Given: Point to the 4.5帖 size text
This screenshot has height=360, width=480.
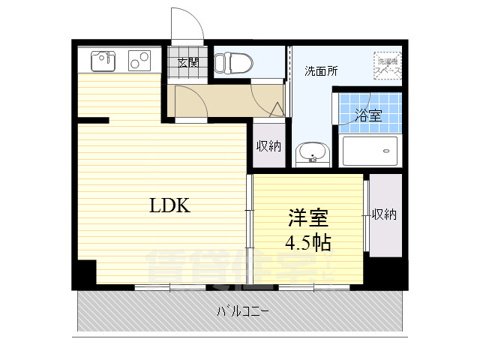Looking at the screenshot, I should coord(307,242).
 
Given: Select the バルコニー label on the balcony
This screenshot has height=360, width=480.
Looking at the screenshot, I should coord(244,310).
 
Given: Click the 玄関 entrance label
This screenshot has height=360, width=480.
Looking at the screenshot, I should coord(187,63).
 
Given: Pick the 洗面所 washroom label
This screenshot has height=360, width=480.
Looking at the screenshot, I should coord(320,72).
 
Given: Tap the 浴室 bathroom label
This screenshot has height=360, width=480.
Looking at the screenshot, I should coord(368,115).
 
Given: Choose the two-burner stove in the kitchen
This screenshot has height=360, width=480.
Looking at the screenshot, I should coord(139,58).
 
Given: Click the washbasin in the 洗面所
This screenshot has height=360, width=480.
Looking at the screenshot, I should coord(310,154).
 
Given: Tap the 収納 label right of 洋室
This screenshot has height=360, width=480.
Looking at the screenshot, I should coord(384,214).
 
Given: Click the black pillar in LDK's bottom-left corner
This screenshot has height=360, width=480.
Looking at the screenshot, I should coord(85,271).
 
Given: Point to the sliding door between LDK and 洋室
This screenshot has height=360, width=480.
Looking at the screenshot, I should coord(249,225).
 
